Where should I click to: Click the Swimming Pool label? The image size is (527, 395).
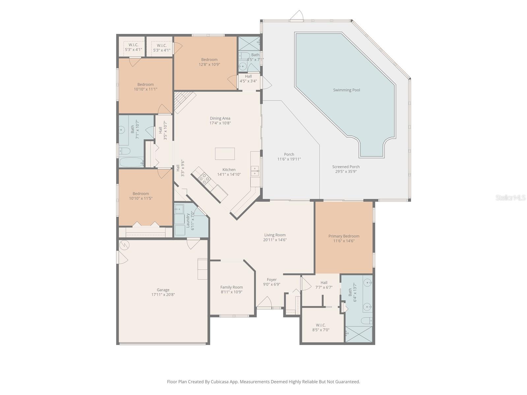coord(346,90)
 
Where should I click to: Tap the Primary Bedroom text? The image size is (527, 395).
coord(344,236)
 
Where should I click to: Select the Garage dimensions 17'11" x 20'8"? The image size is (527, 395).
coord(163,295)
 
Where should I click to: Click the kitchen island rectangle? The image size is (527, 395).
coord(225,154)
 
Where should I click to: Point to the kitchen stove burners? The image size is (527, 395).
coord(204,178)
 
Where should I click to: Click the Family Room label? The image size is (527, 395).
coord(232,287)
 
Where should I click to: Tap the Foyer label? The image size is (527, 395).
coord(272,279)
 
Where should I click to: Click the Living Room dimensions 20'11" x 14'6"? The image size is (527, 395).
coord(275,240)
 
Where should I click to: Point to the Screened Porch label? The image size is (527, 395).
coord(346,167)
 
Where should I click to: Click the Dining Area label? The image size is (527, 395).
coord(220,118)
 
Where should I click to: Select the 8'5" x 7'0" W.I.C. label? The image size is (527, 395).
coord(320,325)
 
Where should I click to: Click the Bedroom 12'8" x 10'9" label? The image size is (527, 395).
coord(209,60)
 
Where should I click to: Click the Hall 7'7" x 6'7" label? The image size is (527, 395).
coord(324,282)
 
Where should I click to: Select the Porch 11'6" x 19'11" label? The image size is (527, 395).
coord(289,154)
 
